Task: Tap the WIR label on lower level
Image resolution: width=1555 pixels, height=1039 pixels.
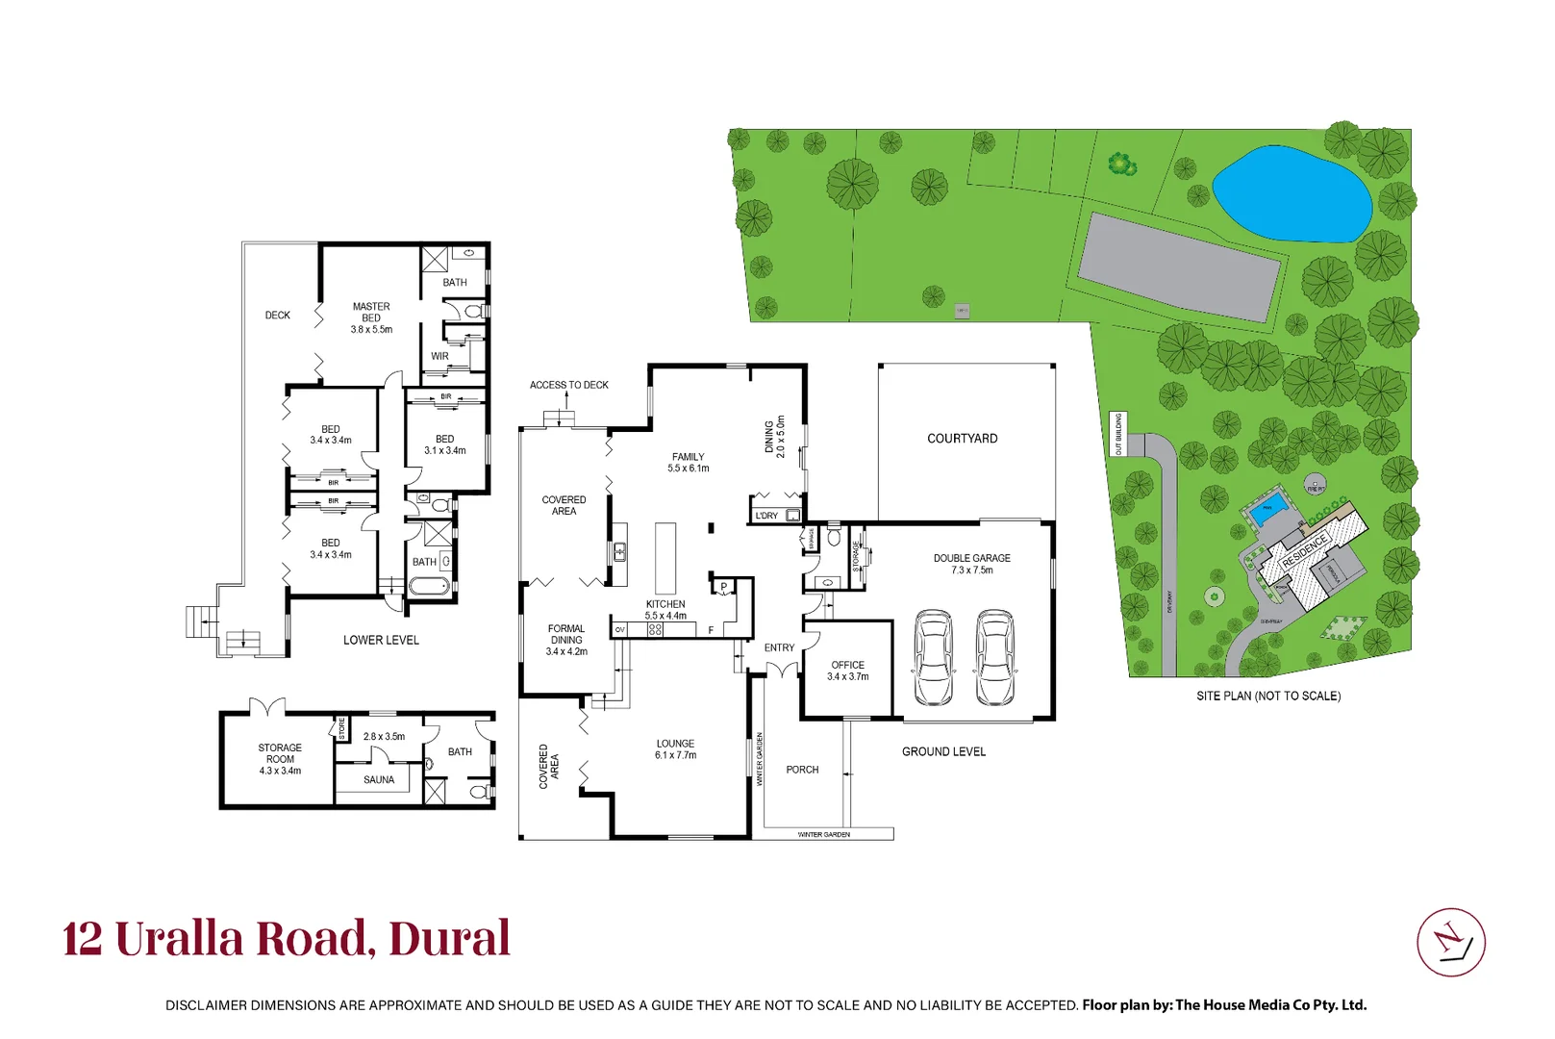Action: click(x=439, y=356)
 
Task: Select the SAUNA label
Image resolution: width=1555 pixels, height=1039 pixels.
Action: click(x=379, y=780)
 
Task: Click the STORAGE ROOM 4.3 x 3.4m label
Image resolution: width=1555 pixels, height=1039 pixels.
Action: click(x=280, y=759)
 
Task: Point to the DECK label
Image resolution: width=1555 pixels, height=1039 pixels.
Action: click(x=278, y=316)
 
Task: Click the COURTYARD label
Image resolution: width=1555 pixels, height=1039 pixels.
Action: click(x=962, y=439)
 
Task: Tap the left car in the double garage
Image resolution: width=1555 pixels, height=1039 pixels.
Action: click(x=933, y=657)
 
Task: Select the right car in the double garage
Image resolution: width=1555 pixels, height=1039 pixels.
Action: click(x=994, y=657)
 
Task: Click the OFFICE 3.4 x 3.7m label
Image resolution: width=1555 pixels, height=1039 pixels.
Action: click(x=847, y=671)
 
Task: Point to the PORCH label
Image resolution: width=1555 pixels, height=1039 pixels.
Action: click(x=802, y=770)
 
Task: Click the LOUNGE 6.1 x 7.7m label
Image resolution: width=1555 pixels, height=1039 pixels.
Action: click(x=675, y=749)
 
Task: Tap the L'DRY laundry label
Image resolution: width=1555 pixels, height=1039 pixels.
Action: click(x=766, y=516)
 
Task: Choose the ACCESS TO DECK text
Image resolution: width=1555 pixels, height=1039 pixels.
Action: click(x=568, y=385)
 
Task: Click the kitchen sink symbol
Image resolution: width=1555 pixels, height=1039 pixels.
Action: click(x=620, y=551)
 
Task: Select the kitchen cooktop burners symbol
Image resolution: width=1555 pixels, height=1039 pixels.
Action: click(x=655, y=630)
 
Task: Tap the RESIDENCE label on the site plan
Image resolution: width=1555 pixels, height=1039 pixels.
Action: click(x=1305, y=550)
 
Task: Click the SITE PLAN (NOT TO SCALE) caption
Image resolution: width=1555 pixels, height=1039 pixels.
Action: click(x=1267, y=696)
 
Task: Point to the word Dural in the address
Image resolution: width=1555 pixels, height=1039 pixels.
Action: click(x=449, y=939)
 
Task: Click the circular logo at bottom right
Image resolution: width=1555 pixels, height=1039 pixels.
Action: click(x=1450, y=942)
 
